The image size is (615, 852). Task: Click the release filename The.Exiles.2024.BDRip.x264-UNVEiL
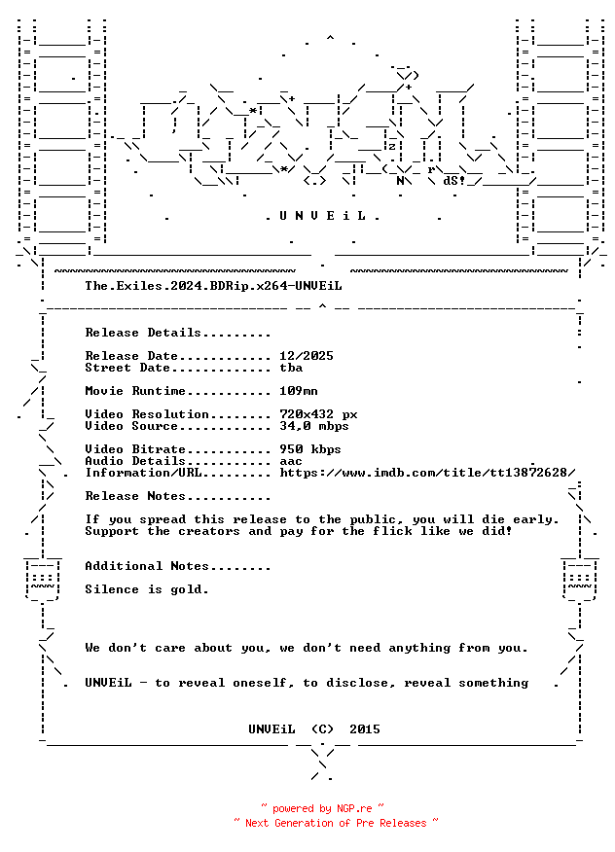pos(213,286)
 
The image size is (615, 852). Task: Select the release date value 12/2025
pos(307,356)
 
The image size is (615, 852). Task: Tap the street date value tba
pos(291,368)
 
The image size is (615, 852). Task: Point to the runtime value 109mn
pos(299,391)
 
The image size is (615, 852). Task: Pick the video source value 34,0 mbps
pos(314,427)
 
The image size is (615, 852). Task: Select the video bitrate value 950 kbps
pos(310,450)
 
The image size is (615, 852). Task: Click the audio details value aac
pos(291,462)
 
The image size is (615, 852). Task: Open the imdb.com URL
pos(427,473)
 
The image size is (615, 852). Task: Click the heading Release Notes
pos(135,496)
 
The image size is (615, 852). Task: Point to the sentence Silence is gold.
pos(147,589)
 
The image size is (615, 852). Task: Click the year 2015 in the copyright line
pos(365,729)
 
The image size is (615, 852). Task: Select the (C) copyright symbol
pos(322,729)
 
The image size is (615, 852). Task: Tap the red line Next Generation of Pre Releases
pos(336,823)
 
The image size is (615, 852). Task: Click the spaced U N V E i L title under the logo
pos(322,216)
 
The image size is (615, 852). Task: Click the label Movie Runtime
pos(135,391)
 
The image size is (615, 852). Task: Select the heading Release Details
pos(143,333)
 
